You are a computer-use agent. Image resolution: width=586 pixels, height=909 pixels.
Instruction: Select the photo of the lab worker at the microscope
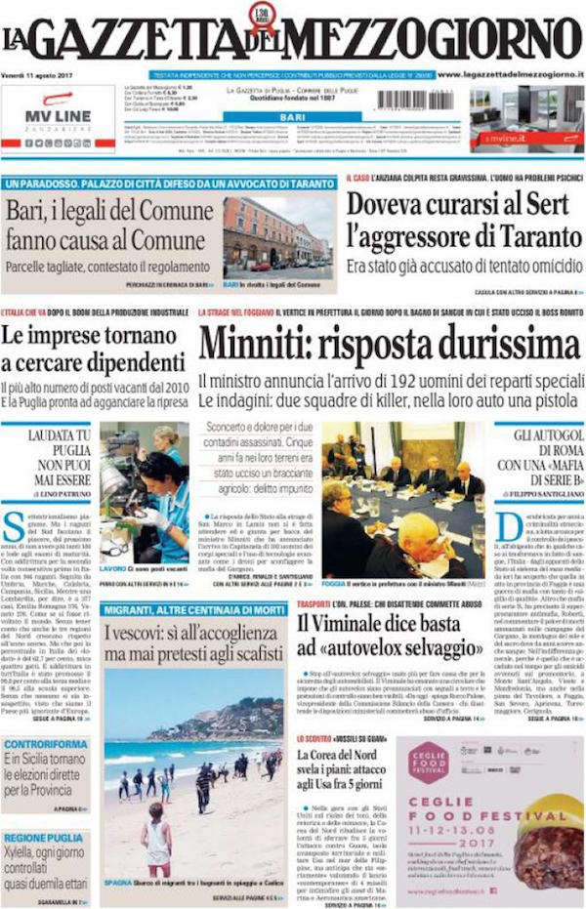click(x=145, y=493)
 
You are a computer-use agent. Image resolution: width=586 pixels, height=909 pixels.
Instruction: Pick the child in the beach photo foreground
click(x=156, y=841)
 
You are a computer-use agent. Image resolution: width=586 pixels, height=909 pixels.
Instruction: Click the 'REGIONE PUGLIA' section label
click(x=45, y=839)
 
